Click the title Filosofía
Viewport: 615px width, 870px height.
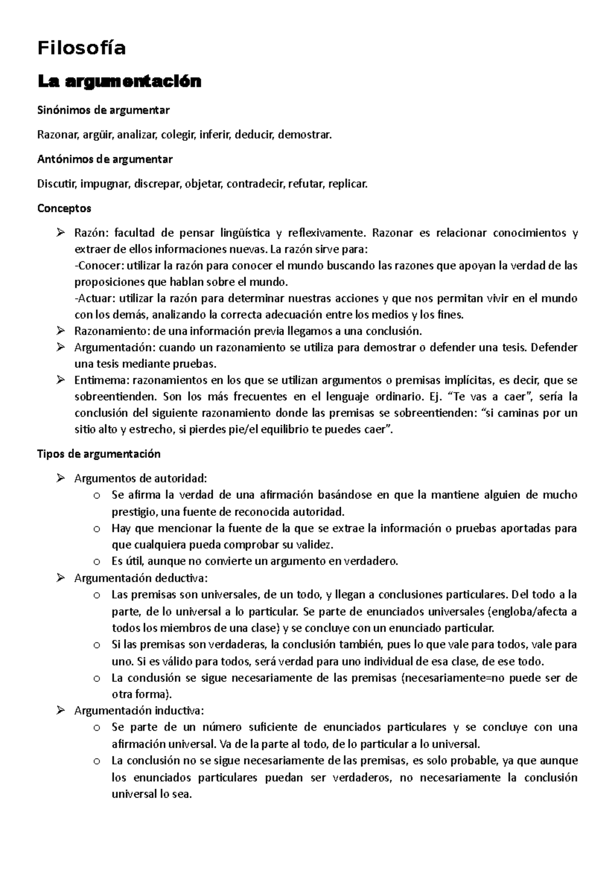pyautogui.click(x=81, y=49)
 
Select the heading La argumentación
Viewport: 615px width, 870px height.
pyautogui.click(x=119, y=81)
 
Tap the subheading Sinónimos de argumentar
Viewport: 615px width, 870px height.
pyautogui.click(x=103, y=110)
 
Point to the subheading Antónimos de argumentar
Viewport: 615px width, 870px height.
pyautogui.click(x=105, y=159)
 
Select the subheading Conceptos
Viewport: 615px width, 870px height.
pyautogui.click(x=64, y=209)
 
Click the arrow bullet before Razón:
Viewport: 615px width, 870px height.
pyautogui.click(x=61, y=234)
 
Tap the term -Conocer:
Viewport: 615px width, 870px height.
pyautogui.click(x=99, y=266)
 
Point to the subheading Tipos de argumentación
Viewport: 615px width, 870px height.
pyautogui.click(x=99, y=454)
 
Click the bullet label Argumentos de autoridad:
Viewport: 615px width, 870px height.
pyautogui.click(x=140, y=479)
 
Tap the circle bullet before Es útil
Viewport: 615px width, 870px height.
pyautogui.click(x=97, y=562)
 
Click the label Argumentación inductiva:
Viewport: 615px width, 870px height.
pyautogui.click(x=139, y=711)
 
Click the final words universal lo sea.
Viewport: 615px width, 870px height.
pyautogui.click(x=152, y=795)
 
